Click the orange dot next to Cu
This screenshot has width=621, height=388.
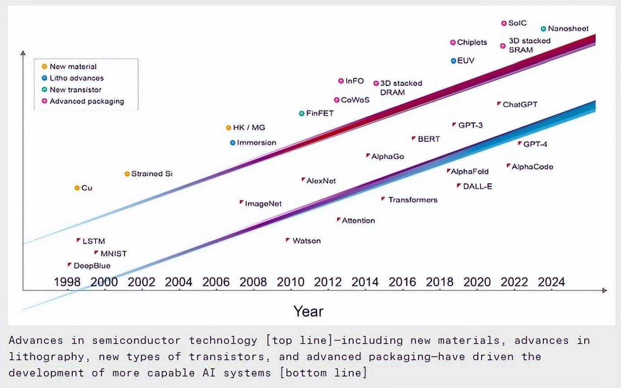point(77,188)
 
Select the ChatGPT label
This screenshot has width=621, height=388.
point(520,104)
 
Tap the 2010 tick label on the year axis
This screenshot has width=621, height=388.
point(291,282)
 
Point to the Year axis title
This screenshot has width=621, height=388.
point(308,311)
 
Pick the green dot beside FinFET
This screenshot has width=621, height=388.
point(302,113)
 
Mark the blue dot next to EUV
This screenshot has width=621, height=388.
point(454,60)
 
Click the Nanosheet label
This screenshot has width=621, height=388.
point(568,29)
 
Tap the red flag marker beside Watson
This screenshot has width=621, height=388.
point(288,240)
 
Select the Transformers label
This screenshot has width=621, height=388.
point(412,200)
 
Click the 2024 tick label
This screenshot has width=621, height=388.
point(551,282)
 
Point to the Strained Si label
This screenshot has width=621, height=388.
point(152,174)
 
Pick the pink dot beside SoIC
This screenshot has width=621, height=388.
point(504,23)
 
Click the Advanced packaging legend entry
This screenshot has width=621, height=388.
point(86,101)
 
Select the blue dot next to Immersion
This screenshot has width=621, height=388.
point(232,143)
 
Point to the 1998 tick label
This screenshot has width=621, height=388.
point(67,282)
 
